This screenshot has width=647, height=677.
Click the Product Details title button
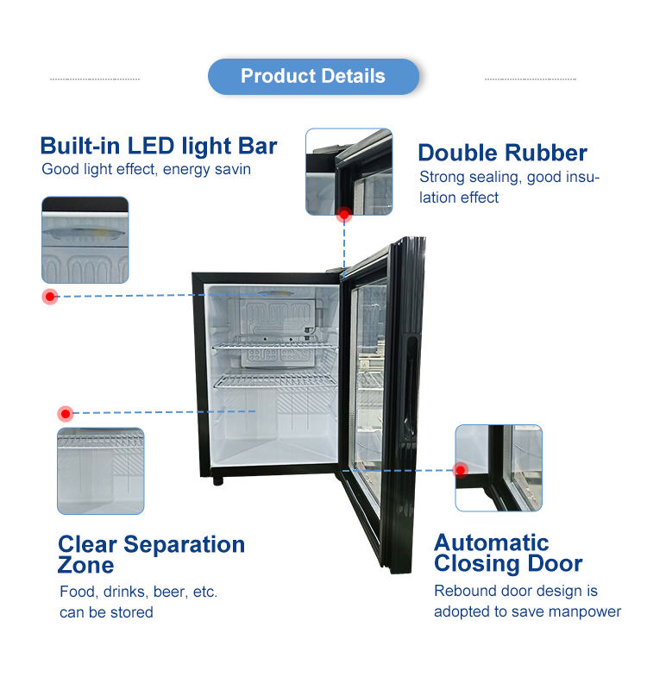click(x=313, y=76)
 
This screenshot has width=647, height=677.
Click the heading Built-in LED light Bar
click(x=159, y=145)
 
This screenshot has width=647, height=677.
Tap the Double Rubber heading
click(x=502, y=153)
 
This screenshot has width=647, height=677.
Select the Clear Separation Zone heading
click(x=151, y=555)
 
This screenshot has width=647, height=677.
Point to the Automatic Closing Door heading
click(x=508, y=553)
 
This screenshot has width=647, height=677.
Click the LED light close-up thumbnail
click(x=85, y=240)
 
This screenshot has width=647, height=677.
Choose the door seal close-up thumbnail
click(x=349, y=171)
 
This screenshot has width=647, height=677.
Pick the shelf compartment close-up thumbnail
click(x=100, y=471)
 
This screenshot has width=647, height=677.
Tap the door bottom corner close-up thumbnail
click(x=499, y=467)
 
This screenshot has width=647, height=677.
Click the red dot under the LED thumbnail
click(x=51, y=297)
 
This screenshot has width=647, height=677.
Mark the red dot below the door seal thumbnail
click(x=343, y=213)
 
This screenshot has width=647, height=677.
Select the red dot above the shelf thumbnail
click(x=66, y=414)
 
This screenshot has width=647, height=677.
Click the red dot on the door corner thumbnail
click(x=461, y=470)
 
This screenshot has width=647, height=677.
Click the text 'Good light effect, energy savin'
click(x=146, y=169)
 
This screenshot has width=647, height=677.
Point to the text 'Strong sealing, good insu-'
click(x=509, y=177)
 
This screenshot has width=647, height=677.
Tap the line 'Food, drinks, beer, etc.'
click(x=138, y=592)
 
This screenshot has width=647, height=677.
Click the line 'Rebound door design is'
click(x=515, y=591)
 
